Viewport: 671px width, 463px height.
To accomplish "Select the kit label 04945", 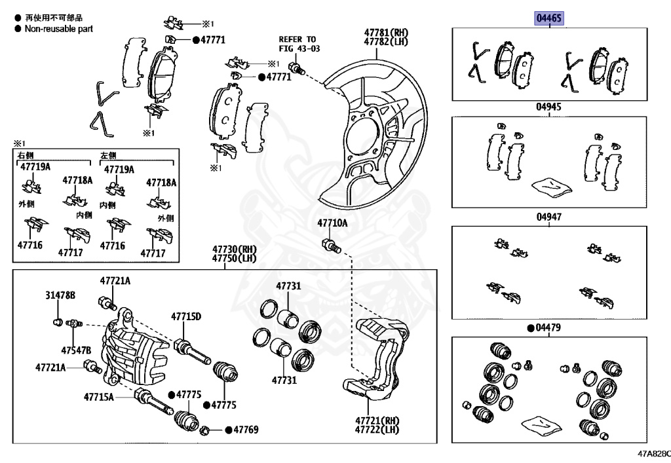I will click(x=548, y=106).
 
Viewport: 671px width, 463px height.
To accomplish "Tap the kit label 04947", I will click(x=548, y=216).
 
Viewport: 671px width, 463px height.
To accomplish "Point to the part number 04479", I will click(x=552, y=327).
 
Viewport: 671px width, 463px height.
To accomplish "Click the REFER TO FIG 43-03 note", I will click(x=297, y=43).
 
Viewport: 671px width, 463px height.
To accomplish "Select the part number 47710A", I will click(x=332, y=223).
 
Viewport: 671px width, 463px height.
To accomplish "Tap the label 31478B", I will click(x=60, y=296).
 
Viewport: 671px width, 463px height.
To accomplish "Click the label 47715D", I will click(x=186, y=317).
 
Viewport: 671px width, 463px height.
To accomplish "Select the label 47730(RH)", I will click(x=234, y=250).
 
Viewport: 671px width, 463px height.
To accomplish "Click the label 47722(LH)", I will click(x=377, y=430).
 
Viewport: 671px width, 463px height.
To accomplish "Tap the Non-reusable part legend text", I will click(x=58, y=29).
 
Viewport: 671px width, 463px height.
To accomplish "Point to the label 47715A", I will click(x=98, y=396).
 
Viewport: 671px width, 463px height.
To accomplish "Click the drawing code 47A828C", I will click(x=652, y=453).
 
